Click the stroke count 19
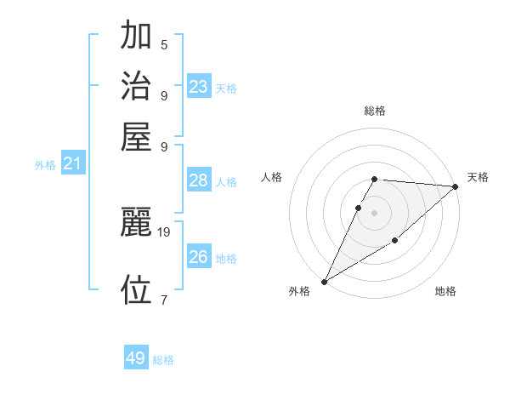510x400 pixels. click(x=164, y=231)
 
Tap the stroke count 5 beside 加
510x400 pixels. click(x=164, y=44)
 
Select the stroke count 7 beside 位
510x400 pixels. click(x=164, y=299)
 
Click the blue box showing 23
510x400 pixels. click(x=199, y=87)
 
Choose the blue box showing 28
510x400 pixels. click(x=199, y=180)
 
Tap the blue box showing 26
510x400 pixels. click(x=199, y=256)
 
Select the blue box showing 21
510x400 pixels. click(x=72, y=164)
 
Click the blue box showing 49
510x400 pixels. click(x=136, y=358)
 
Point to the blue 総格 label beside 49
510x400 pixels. click(x=163, y=360)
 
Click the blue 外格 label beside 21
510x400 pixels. click(x=45, y=165)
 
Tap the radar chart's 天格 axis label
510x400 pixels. click(x=478, y=177)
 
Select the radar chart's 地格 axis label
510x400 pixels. click(x=445, y=292)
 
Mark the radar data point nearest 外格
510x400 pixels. click(x=324, y=281)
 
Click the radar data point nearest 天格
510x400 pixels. click(x=455, y=187)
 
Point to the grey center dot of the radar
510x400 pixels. click(x=375, y=213)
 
